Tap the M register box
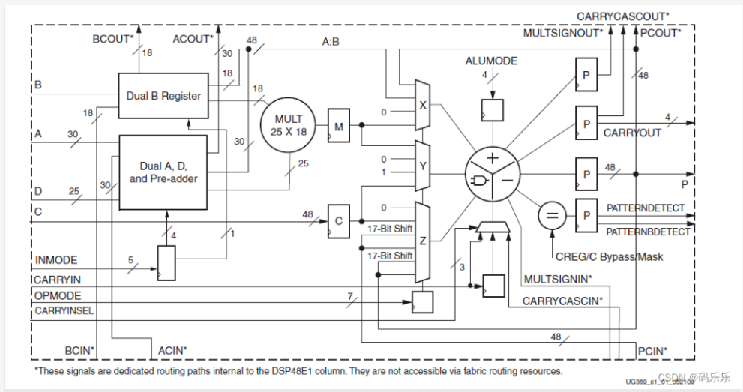point(339,128)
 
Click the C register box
point(339,220)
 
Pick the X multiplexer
point(422,106)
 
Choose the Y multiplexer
point(422,165)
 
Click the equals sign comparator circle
point(552,217)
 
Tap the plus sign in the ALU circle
point(492,158)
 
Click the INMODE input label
point(55,260)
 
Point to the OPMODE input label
point(58,296)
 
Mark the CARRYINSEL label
point(64,310)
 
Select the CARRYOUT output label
point(633,133)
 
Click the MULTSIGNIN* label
point(558,280)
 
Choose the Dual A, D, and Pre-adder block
point(164,172)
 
